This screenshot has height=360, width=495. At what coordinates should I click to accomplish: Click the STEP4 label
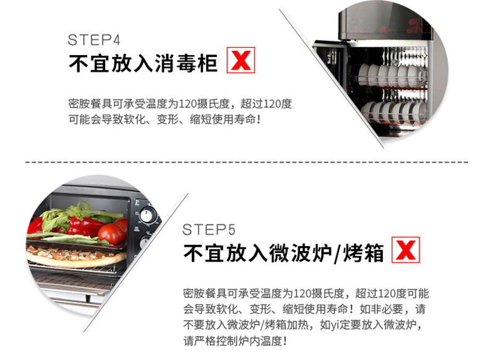click(x=94, y=40)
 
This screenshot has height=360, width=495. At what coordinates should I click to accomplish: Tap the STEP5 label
click(x=209, y=229)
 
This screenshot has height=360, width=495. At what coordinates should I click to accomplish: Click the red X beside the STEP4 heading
click(x=241, y=60)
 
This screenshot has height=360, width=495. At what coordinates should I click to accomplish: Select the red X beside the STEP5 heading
click(x=406, y=249)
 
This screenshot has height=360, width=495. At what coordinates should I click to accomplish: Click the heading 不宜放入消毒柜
click(x=143, y=64)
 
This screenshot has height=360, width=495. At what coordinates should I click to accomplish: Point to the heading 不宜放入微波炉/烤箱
click(x=283, y=253)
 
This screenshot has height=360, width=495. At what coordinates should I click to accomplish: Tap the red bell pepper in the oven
click(x=83, y=226)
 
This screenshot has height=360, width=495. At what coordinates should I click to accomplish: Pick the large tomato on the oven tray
click(x=111, y=234)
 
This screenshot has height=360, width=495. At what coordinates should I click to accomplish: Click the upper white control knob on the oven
click(x=147, y=216)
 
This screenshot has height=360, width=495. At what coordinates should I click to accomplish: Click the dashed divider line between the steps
click(x=247, y=162)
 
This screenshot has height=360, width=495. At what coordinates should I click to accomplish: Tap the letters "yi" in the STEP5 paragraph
click(x=335, y=325)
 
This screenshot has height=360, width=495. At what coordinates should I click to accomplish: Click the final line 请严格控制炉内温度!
click(x=235, y=341)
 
